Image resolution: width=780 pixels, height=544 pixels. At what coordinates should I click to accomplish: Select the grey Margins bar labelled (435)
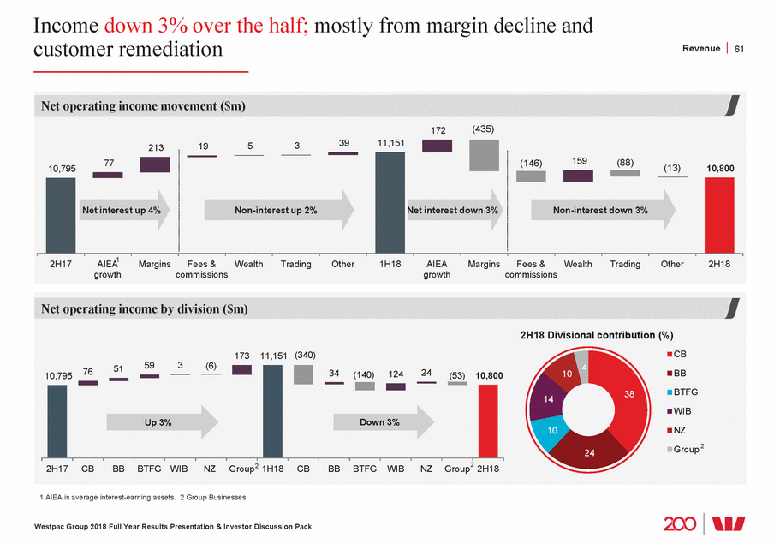point(484,155)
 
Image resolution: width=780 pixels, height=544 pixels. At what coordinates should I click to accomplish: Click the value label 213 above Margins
point(154,148)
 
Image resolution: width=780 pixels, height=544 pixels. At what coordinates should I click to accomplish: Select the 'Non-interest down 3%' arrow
point(603,211)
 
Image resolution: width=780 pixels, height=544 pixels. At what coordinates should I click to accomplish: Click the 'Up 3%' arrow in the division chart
point(162,422)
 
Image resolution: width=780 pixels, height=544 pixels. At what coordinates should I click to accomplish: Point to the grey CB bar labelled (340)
point(304,374)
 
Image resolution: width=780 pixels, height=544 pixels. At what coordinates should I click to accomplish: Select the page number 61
point(740,49)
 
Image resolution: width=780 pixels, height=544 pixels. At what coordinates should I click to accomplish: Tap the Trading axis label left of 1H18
point(295,264)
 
